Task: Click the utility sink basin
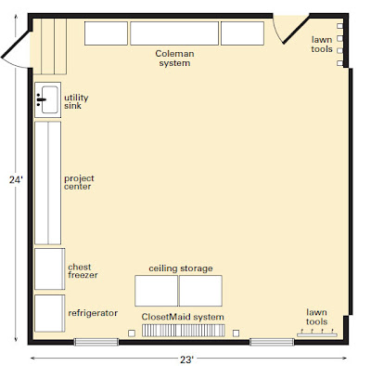pos(50,99)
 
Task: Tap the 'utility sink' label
pos(76,101)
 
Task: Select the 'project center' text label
pos(79,182)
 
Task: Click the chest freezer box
pos(50,268)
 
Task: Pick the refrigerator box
pos(50,313)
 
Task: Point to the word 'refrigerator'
pos(93,313)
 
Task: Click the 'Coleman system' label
pos(174,59)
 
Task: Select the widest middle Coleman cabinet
pos(174,33)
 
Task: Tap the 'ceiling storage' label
pos(181,268)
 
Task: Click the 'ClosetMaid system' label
pos(183,317)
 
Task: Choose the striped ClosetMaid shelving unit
pos(184,331)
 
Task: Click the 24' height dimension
pos(16,179)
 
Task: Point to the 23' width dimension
pos(186,359)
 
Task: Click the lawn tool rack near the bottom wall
pos(317,333)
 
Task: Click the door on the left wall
pos(16,49)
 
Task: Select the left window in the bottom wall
pos(96,342)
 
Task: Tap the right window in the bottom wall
pos(272,342)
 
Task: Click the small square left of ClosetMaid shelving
pos(132,333)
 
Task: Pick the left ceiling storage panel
pos(157,291)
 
